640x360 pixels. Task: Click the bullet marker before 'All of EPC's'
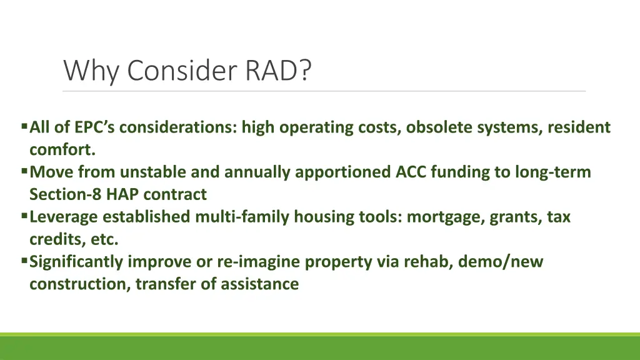(24, 127)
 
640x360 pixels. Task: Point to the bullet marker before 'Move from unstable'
(24, 171)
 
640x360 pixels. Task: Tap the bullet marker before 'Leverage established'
(24, 216)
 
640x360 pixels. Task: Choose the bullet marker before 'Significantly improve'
(24, 261)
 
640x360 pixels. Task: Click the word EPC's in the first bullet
(95, 127)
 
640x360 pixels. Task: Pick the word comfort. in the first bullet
(62, 150)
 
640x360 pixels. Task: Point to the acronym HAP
(121, 194)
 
